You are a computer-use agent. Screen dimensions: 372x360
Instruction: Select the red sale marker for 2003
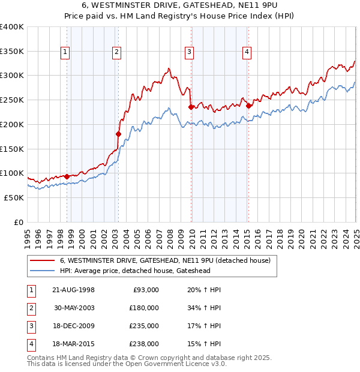click(118, 134)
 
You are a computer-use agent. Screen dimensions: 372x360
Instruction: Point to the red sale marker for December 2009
click(191, 107)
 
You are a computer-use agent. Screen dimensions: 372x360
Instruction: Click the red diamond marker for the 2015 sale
click(248, 106)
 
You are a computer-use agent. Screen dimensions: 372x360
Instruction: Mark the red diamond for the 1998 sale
click(66, 176)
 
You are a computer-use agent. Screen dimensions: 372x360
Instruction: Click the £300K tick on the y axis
click(12, 76)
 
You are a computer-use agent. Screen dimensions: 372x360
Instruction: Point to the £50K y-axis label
click(14, 197)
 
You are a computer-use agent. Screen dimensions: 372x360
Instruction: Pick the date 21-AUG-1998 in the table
click(73, 290)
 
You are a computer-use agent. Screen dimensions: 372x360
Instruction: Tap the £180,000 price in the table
click(144, 308)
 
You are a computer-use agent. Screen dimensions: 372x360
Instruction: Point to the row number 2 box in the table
click(31, 308)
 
